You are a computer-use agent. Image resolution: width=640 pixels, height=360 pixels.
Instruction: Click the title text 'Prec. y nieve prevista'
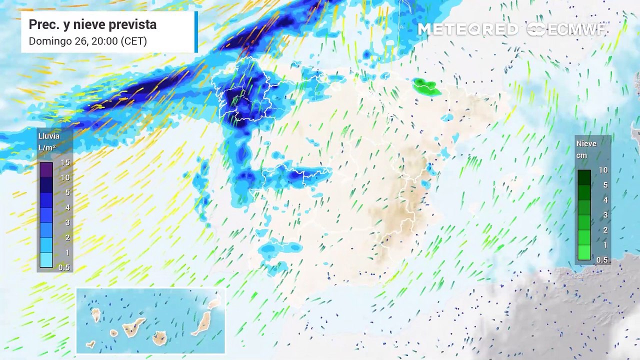tap(92, 24)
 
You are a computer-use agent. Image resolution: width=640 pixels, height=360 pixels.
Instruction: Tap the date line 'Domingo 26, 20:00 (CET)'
tap(87, 41)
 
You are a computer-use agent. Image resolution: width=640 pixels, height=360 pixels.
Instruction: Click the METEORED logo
tap(467, 29)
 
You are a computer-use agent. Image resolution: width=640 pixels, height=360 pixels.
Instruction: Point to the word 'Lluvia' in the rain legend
tap(49, 136)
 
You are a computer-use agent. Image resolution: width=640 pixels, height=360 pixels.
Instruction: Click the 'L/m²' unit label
tap(47, 148)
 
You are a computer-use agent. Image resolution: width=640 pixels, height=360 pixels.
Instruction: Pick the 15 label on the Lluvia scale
tap(65, 162)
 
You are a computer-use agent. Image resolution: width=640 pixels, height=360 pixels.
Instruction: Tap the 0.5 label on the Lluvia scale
tap(64, 267)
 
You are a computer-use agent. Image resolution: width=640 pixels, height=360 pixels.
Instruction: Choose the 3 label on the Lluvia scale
tap(66, 222)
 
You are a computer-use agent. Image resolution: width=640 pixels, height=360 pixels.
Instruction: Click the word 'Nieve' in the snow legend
tap(586, 143)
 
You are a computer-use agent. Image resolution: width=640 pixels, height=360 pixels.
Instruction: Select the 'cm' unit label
tap(581, 155)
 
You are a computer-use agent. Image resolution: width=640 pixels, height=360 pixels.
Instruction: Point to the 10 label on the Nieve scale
tap(603, 170)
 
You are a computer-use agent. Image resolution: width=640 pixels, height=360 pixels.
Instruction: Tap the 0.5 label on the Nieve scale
tap(602, 260)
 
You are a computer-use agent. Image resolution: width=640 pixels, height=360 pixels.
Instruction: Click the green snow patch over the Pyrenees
tap(425, 86)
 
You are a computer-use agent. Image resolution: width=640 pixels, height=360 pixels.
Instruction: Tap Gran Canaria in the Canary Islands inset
tap(160, 338)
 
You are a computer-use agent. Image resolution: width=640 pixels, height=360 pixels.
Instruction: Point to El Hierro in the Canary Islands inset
tap(90, 344)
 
